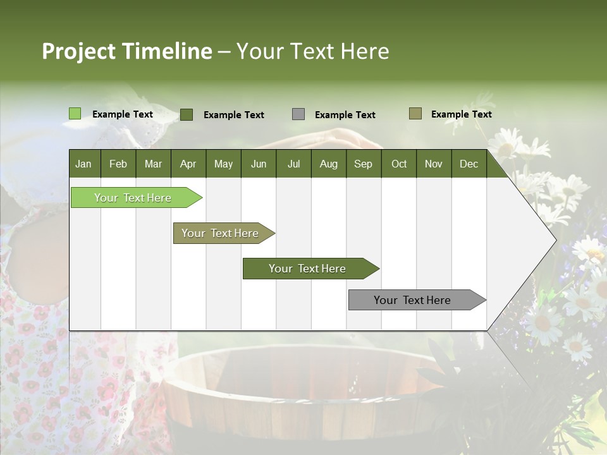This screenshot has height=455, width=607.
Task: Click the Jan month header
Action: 83,164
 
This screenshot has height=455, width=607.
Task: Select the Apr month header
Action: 188,164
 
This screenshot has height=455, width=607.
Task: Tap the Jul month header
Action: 293,164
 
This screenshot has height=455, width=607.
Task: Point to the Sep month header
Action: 363,164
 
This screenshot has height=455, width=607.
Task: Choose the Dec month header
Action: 469,164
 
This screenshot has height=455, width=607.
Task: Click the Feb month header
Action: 118,164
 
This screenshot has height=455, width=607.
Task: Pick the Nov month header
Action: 434,164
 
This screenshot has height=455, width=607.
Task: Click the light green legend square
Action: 75,114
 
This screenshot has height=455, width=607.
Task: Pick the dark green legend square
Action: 187,114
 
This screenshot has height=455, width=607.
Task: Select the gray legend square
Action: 298,114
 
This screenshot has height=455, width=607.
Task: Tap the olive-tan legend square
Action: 415,114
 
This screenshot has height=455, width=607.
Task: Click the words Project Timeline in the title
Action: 127,51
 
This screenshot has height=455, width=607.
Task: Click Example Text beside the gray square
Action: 345,115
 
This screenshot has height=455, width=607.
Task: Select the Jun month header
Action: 259,164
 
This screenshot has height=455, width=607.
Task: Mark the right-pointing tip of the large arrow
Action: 555,240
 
